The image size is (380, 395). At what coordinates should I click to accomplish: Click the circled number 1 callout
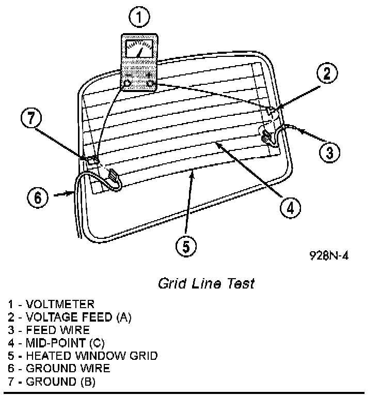[x=139, y=18]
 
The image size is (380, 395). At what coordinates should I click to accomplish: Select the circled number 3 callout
[x=330, y=151]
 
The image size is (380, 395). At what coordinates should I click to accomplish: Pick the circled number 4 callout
[x=290, y=207]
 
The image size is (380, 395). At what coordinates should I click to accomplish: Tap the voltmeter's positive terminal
[x=150, y=83]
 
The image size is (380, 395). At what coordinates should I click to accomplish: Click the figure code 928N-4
[x=329, y=256]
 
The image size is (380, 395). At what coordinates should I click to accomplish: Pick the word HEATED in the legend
[x=47, y=356]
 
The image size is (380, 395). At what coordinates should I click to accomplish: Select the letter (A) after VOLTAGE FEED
[x=124, y=317]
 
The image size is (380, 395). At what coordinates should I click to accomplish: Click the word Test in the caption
[x=241, y=284]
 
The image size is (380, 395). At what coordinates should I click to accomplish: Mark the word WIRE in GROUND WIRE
[x=94, y=369]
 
